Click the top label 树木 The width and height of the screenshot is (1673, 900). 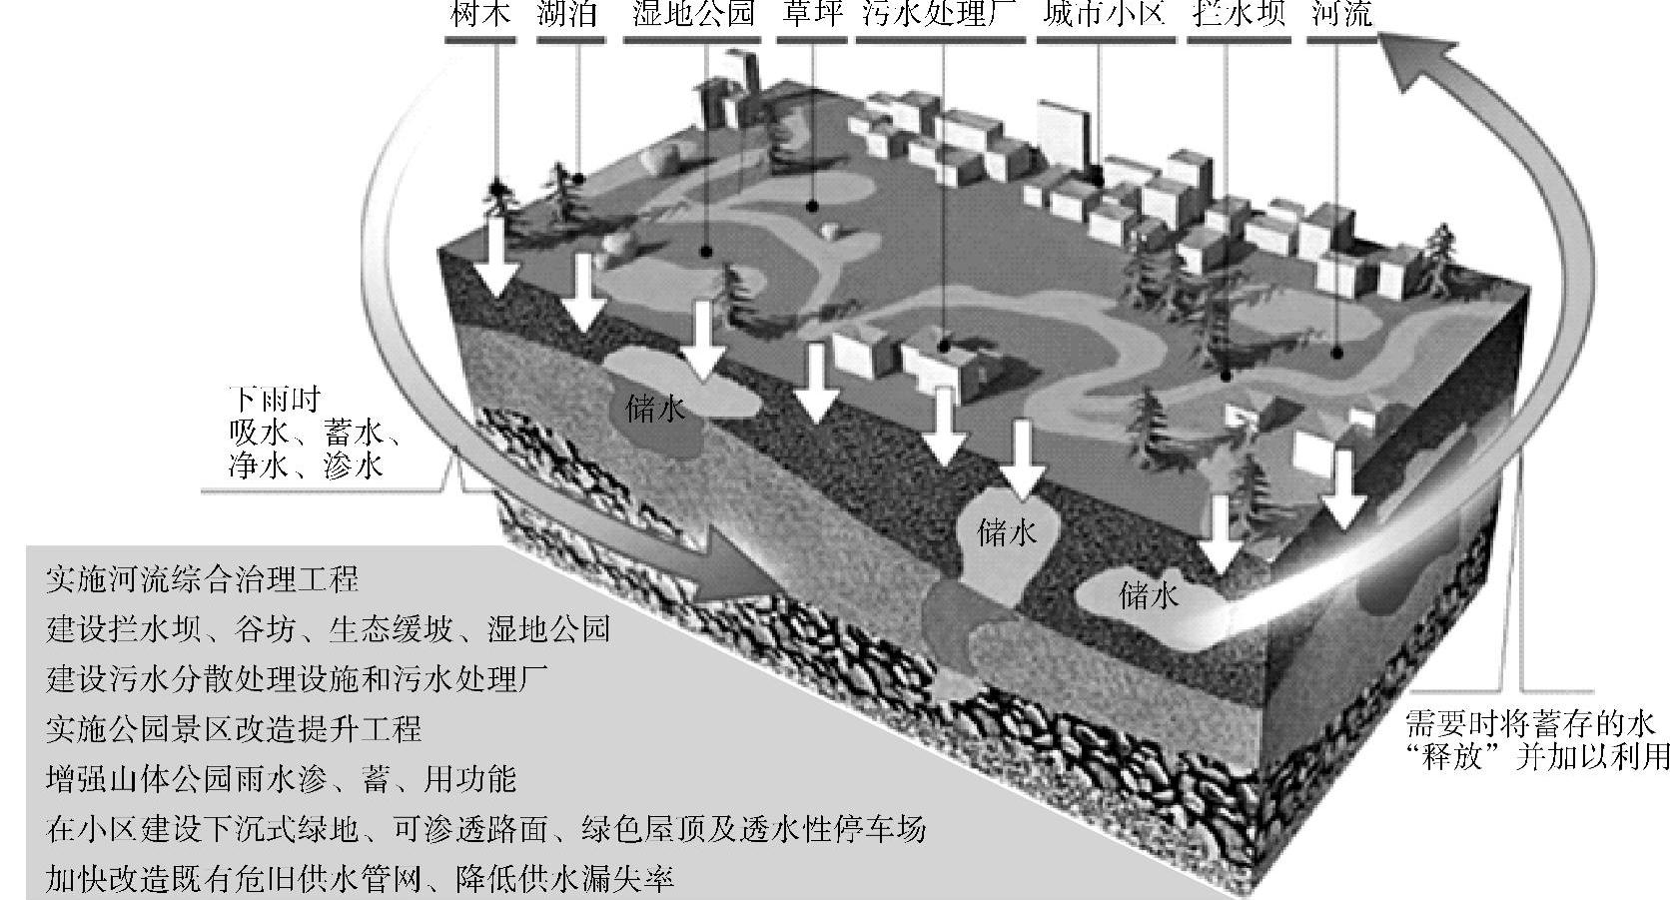pyautogui.click(x=481, y=14)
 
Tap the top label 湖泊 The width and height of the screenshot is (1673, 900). pyautogui.click(x=567, y=14)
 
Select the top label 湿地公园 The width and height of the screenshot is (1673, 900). pyautogui.click(x=693, y=14)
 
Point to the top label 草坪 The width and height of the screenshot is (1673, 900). pyautogui.click(x=811, y=14)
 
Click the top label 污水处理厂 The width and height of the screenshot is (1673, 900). pyautogui.click(x=941, y=14)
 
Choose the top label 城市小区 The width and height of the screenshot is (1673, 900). pyautogui.click(x=1104, y=14)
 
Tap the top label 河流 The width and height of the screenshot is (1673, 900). pyautogui.click(x=1341, y=14)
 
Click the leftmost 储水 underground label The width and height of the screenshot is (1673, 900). pyautogui.click(x=655, y=409)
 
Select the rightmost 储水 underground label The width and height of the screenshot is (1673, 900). pyautogui.click(x=1149, y=595)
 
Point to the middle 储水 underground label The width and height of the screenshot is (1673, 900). pyautogui.click(x=1007, y=532)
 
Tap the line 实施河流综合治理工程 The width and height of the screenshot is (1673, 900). pyautogui.click(x=202, y=579)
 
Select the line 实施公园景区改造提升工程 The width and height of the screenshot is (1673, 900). pyautogui.click(x=234, y=729)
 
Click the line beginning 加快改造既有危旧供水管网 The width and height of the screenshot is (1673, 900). pyautogui.click(x=360, y=879)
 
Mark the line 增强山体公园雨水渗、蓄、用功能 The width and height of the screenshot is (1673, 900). pyautogui.click(x=281, y=779)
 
